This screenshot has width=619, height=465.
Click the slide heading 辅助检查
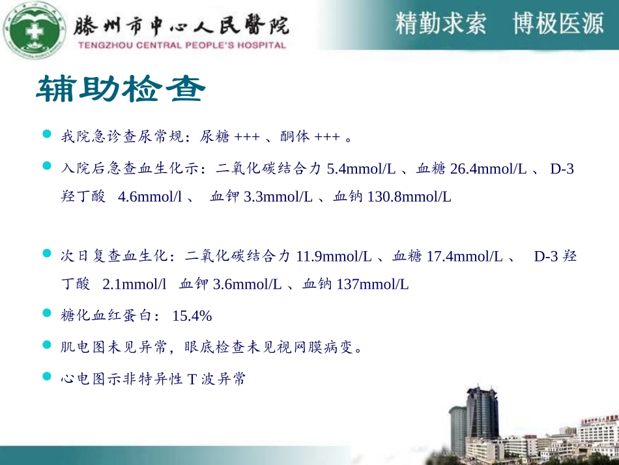click(x=121, y=90)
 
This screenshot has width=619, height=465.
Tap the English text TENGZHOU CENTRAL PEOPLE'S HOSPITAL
click(x=182, y=46)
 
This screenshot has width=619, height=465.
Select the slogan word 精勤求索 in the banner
click(x=440, y=24)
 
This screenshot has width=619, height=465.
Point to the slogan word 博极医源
click(x=558, y=24)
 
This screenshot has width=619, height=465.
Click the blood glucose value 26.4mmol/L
click(x=489, y=169)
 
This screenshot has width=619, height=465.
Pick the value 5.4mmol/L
click(x=361, y=169)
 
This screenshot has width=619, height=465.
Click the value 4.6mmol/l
click(x=150, y=196)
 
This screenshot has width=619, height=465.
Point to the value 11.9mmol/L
click(x=334, y=256)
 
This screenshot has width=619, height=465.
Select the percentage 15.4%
click(x=192, y=316)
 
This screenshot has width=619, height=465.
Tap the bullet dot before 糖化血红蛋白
click(x=46, y=314)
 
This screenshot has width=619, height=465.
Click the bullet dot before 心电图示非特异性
click(x=46, y=376)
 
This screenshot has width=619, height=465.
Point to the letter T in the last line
click(x=192, y=379)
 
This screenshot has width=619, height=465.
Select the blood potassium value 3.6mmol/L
click(x=248, y=284)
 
